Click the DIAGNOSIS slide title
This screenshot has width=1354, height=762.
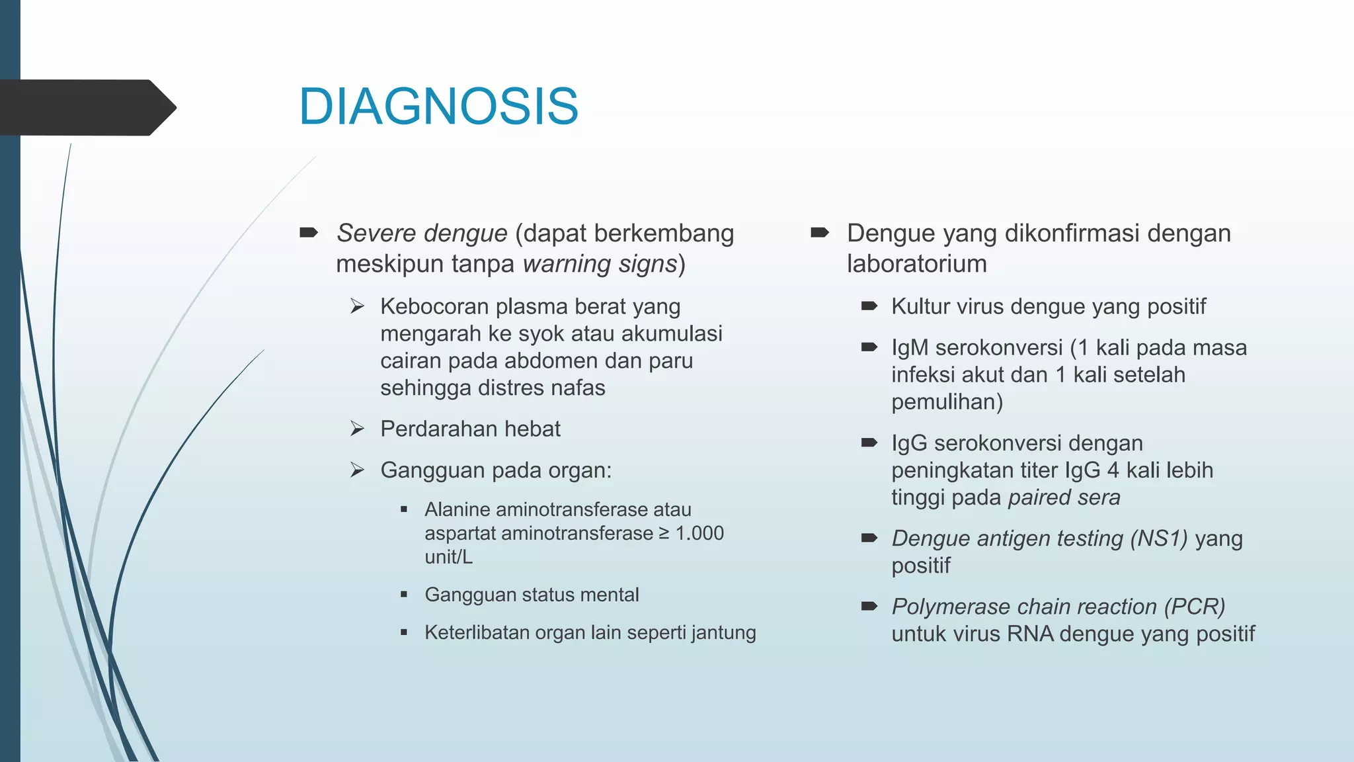[x=438, y=106]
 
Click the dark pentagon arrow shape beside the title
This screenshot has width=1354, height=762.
[x=86, y=108]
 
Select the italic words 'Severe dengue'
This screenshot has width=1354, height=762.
[x=422, y=233]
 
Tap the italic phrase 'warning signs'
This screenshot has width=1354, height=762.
[x=600, y=264]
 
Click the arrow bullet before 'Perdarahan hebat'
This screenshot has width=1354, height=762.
[x=357, y=429]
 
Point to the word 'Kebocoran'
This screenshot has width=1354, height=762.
[x=434, y=307]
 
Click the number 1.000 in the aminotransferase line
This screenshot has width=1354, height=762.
[x=699, y=533]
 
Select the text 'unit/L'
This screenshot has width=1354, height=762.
[x=448, y=557]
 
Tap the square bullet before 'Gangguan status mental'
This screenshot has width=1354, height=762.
[x=404, y=595]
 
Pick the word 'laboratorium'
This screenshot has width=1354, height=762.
[x=916, y=264]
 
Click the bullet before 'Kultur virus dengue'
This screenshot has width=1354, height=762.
[x=869, y=306]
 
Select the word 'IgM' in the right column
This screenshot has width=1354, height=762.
[x=910, y=348]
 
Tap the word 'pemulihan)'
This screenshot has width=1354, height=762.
[x=947, y=402]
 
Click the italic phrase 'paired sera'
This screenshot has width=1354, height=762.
[x=1064, y=497]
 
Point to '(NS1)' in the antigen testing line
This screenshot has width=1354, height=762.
[x=1159, y=538]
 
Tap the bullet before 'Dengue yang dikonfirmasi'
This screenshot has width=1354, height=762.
[x=819, y=233]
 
